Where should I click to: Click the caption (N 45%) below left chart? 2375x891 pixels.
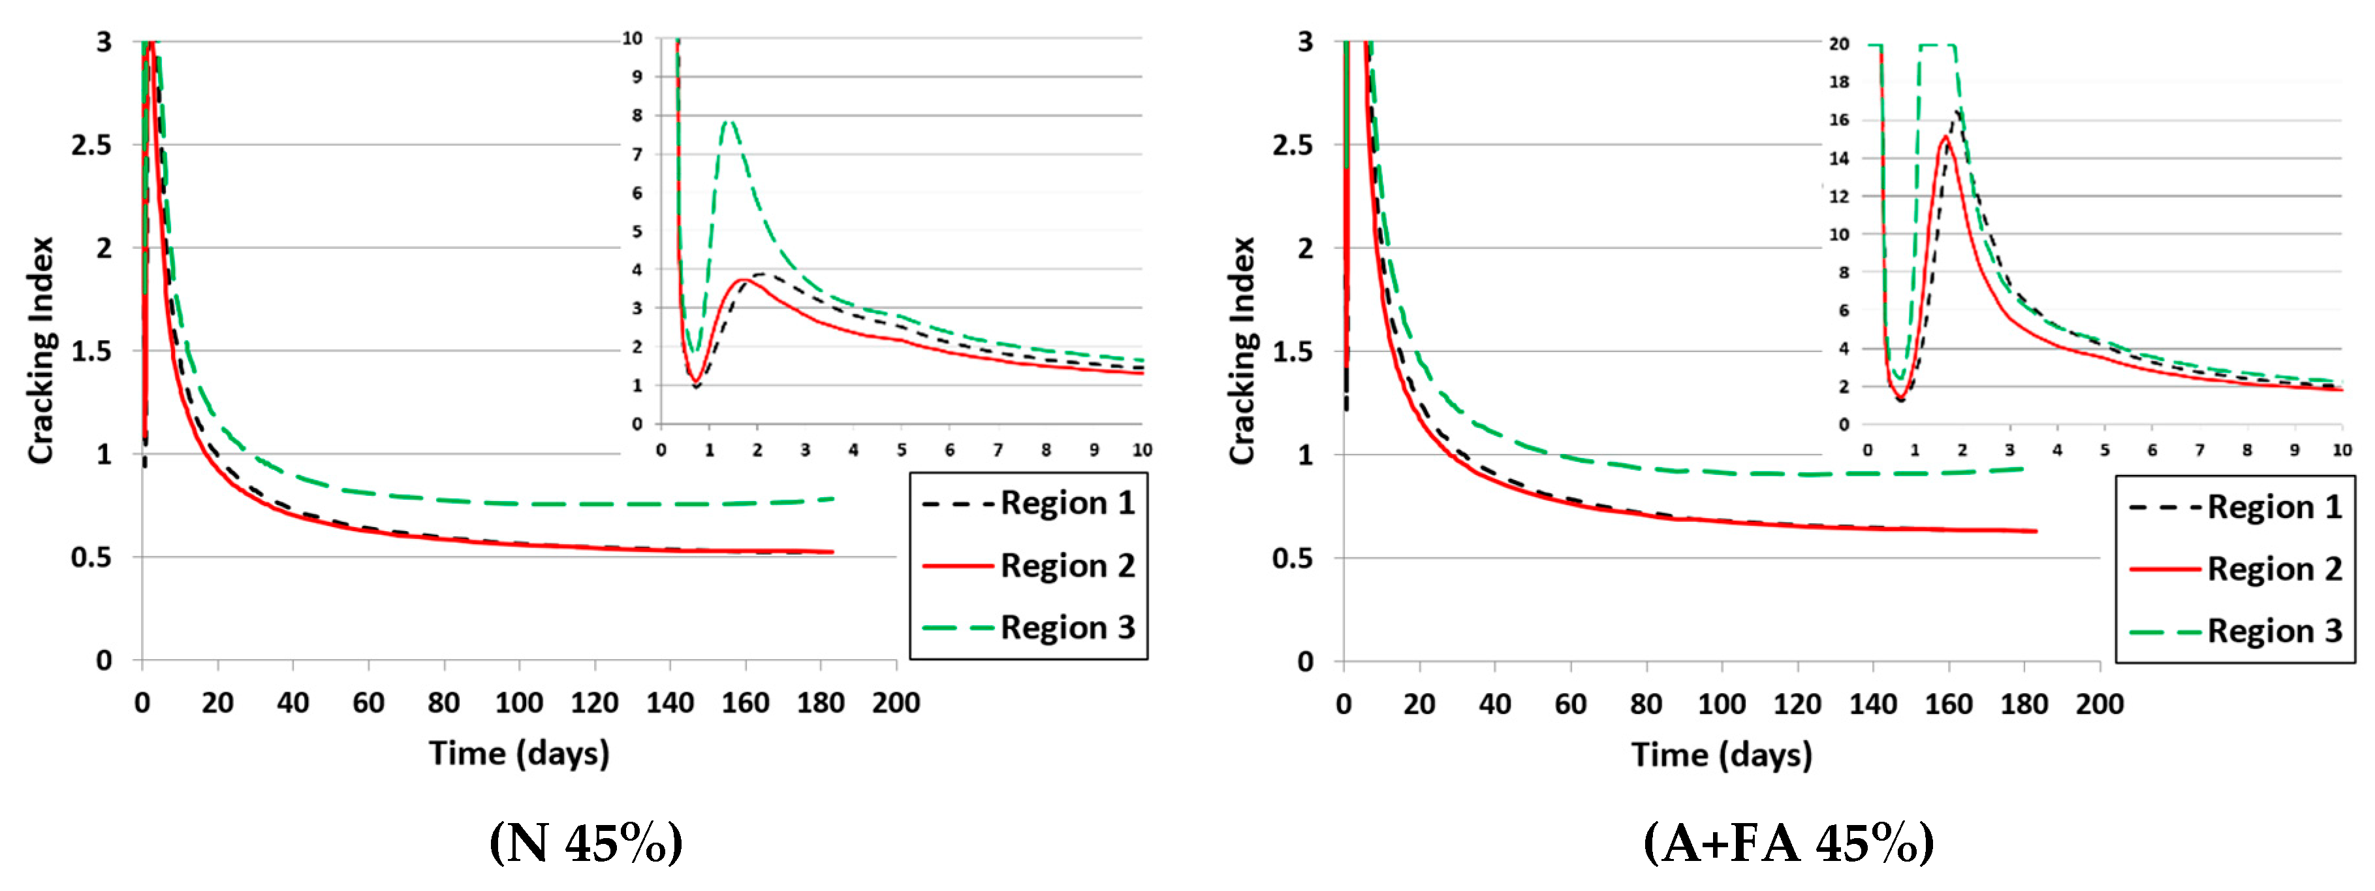tap(586, 841)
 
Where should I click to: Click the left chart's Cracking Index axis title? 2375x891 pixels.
tap(42, 351)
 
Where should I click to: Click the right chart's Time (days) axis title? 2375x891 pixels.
tap(1722, 754)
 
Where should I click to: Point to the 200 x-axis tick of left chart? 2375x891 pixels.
tap(895, 703)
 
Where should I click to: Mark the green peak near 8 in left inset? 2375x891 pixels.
tap(729, 121)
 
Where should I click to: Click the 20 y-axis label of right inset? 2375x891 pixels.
tap(1839, 44)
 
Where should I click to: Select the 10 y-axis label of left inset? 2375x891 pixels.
tap(633, 39)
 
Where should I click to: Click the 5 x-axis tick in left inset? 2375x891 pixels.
tap(901, 450)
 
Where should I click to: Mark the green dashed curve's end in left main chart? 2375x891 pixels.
tap(832, 499)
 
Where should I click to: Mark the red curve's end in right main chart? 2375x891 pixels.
tap(2036, 531)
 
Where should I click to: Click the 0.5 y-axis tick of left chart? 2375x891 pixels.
tap(91, 557)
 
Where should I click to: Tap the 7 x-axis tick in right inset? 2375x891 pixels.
tap(2200, 450)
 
